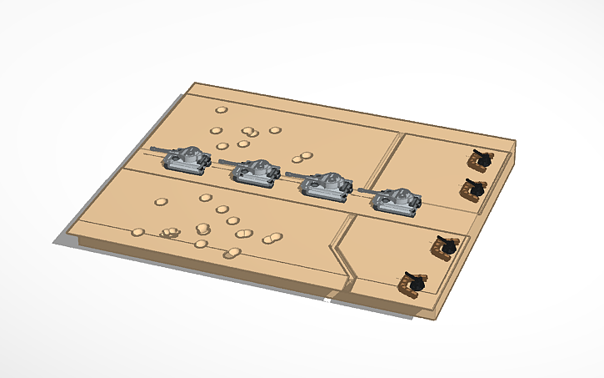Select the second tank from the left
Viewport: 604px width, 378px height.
click(x=255, y=173)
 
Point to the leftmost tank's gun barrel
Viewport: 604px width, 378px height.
click(x=157, y=151)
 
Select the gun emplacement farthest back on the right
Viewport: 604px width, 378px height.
click(x=480, y=159)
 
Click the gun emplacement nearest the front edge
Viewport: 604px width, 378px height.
click(x=412, y=283)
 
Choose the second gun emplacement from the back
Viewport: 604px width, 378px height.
click(x=474, y=189)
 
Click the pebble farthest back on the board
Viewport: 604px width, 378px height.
click(x=221, y=109)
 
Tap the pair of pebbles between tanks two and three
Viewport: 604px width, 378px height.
click(x=302, y=157)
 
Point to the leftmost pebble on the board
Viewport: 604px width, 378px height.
click(x=138, y=232)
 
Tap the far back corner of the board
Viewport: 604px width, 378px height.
click(x=193, y=83)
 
